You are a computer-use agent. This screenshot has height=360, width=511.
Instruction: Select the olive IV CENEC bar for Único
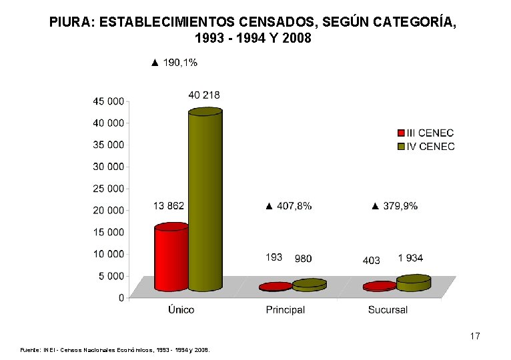pyautogui.click(x=205, y=200)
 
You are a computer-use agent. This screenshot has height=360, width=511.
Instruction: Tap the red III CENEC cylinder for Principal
pyautogui.click(x=276, y=287)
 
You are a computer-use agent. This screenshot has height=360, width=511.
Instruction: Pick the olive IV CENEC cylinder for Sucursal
pyautogui.click(x=414, y=283)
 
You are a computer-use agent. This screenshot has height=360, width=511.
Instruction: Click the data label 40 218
pyautogui.click(x=204, y=95)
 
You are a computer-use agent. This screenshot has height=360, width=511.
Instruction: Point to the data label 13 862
pyautogui.click(x=168, y=205)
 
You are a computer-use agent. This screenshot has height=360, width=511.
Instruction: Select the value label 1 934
pyautogui.click(x=410, y=258)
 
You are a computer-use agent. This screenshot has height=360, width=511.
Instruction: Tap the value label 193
pyautogui.click(x=274, y=257)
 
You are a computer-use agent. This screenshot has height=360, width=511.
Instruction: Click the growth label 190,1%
pyautogui.click(x=174, y=63)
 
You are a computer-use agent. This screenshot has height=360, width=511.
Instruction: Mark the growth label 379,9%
pyautogui.click(x=395, y=206)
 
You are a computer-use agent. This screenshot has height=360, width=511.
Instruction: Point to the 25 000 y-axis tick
pyautogui.click(x=108, y=189)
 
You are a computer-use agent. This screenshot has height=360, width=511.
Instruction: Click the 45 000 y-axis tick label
pyautogui.click(x=108, y=101)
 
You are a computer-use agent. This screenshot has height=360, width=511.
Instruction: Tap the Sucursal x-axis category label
pyautogui.click(x=388, y=310)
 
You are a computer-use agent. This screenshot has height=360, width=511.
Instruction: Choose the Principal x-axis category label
pyautogui.click(x=286, y=310)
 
